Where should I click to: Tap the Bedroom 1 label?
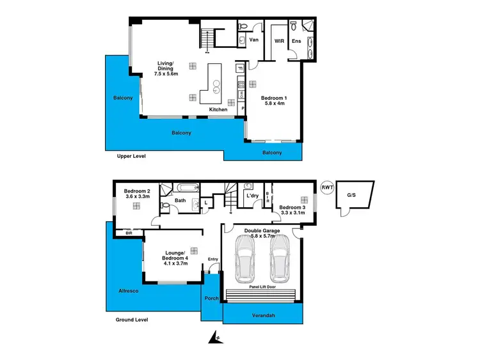pos(277,101)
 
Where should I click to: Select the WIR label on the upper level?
pos(279,41)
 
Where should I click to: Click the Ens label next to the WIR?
pos(296,41)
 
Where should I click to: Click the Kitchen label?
pos(218,110)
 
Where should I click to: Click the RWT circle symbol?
pos(327,187)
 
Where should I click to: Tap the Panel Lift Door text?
pos(258,288)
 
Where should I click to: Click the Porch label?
pos(211,299)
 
